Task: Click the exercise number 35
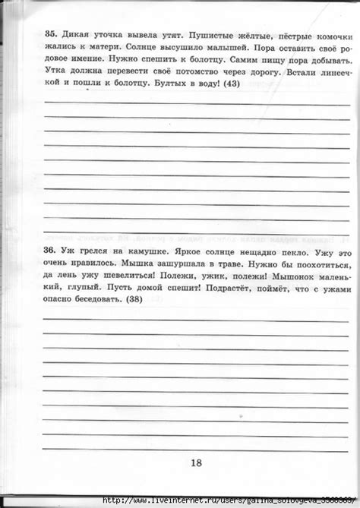coord(51,34)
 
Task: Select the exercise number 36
coord(51,251)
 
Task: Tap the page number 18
coord(197,463)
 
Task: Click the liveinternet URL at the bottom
coord(228,500)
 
